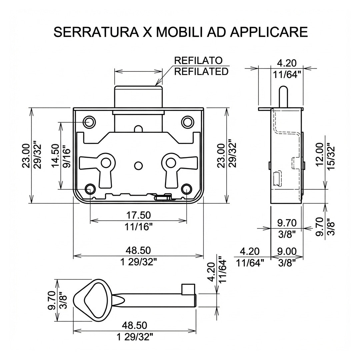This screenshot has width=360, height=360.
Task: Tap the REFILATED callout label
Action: click(201, 71)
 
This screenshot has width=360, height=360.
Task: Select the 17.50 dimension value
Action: click(138, 215)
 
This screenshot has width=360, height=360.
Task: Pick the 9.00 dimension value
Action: click(287, 251)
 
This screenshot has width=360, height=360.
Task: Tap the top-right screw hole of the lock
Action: click(187, 122)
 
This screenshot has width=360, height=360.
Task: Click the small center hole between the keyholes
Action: click(138, 166)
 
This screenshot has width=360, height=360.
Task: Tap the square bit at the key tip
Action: click(187, 289)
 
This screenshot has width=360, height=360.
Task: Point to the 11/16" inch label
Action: click(138, 227)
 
